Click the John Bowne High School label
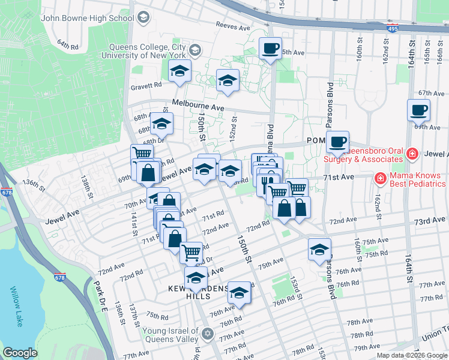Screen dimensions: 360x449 pos(87,18)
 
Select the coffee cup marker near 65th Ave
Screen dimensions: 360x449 pos(270,47)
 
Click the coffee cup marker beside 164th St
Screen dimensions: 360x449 pos(418,110)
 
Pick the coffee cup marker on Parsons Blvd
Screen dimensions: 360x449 pos(338,142)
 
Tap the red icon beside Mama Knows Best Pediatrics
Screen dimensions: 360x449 pos(380,178)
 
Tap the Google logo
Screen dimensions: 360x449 pos(20,353)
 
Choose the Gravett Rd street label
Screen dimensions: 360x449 pos(146,86)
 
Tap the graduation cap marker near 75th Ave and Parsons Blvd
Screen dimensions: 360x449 pos(319,249)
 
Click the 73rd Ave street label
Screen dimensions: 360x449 pos(429,221)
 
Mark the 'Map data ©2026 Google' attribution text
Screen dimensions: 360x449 pos(412,355)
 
